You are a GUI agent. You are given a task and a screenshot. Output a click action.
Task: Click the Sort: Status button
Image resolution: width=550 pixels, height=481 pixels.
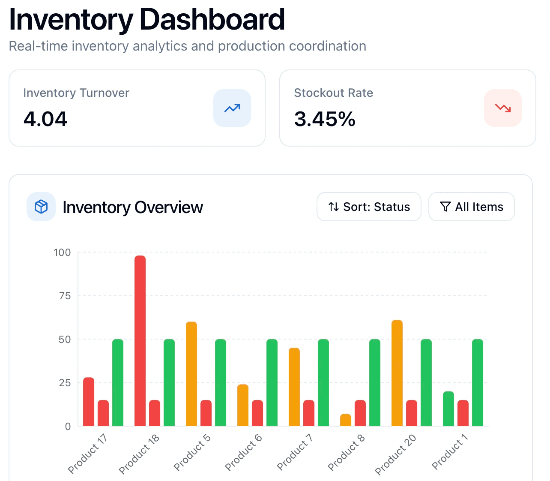click(x=368, y=207)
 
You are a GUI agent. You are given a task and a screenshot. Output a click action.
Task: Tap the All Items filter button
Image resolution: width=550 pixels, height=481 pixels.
click(x=471, y=207)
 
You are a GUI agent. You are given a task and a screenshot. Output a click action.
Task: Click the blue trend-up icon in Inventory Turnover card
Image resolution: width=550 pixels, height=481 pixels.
click(x=232, y=108)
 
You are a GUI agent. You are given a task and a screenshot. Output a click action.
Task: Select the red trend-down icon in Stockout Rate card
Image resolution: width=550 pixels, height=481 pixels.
click(x=503, y=108)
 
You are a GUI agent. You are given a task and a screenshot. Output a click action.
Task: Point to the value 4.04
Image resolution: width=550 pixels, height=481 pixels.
click(x=45, y=119)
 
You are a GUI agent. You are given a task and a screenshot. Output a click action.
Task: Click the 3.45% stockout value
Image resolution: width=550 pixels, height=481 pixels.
click(x=325, y=119)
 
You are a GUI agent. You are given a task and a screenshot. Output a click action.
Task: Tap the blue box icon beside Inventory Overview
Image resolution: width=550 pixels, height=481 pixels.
click(x=41, y=207)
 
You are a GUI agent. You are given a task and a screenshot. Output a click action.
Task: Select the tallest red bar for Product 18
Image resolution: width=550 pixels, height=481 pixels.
click(x=140, y=341)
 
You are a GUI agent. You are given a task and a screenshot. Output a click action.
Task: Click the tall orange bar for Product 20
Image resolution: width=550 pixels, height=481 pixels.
click(x=397, y=373)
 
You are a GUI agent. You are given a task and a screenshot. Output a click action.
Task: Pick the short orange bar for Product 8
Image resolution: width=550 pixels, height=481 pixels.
click(x=346, y=420)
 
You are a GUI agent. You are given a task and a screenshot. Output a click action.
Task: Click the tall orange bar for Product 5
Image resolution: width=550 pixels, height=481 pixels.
click(x=191, y=374)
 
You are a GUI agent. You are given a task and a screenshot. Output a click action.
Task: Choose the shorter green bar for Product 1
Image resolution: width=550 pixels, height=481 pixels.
click(x=448, y=409)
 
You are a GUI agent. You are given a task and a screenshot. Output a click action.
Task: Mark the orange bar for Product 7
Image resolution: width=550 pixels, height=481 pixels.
click(x=294, y=387)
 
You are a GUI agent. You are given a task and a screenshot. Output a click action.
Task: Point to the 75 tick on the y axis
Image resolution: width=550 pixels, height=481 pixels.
click(x=65, y=296)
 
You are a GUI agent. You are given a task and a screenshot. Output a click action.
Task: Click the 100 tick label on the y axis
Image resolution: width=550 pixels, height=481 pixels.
click(x=62, y=253)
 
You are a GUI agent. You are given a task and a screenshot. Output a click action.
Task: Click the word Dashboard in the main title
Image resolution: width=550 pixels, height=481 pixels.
click(x=212, y=20)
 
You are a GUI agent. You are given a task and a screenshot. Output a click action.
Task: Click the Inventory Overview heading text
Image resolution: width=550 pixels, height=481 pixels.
click(x=133, y=207)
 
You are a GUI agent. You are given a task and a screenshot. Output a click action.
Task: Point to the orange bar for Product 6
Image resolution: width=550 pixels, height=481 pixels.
click(x=243, y=405)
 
